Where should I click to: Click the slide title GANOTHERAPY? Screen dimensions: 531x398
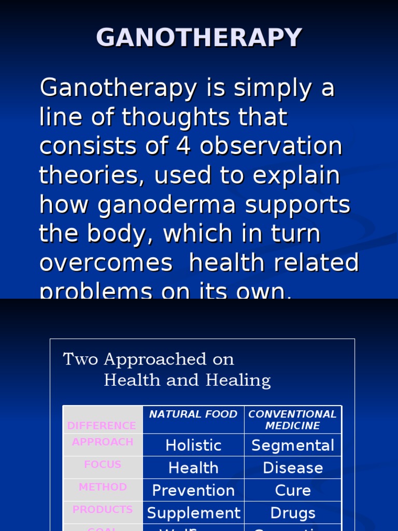click(199, 38)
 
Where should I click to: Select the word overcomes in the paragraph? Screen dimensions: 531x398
click(106, 263)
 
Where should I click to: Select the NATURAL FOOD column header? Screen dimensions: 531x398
click(193, 414)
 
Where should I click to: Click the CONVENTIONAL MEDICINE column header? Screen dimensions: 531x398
click(292, 420)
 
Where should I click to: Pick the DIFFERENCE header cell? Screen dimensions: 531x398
click(102, 426)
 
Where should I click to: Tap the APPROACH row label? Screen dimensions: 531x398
click(103, 442)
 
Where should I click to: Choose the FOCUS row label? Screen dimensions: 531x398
click(103, 465)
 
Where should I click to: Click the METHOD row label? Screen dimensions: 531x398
click(103, 487)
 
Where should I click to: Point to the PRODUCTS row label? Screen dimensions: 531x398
click(103, 510)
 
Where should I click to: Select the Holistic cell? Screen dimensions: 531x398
click(193, 445)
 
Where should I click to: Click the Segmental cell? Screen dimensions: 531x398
click(293, 445)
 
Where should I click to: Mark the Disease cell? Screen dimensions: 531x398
click(293, 468)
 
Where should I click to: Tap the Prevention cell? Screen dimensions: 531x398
click(193, 491)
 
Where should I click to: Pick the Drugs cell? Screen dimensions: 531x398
click(293, 513)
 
